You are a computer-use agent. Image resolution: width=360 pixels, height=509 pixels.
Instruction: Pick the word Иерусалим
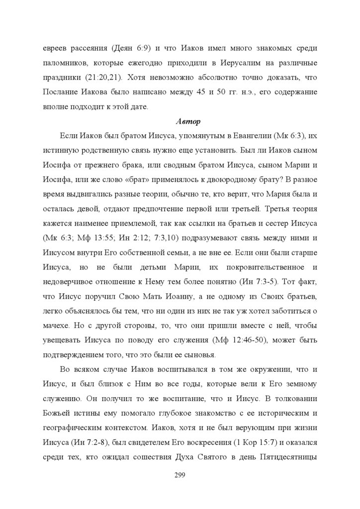229,63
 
